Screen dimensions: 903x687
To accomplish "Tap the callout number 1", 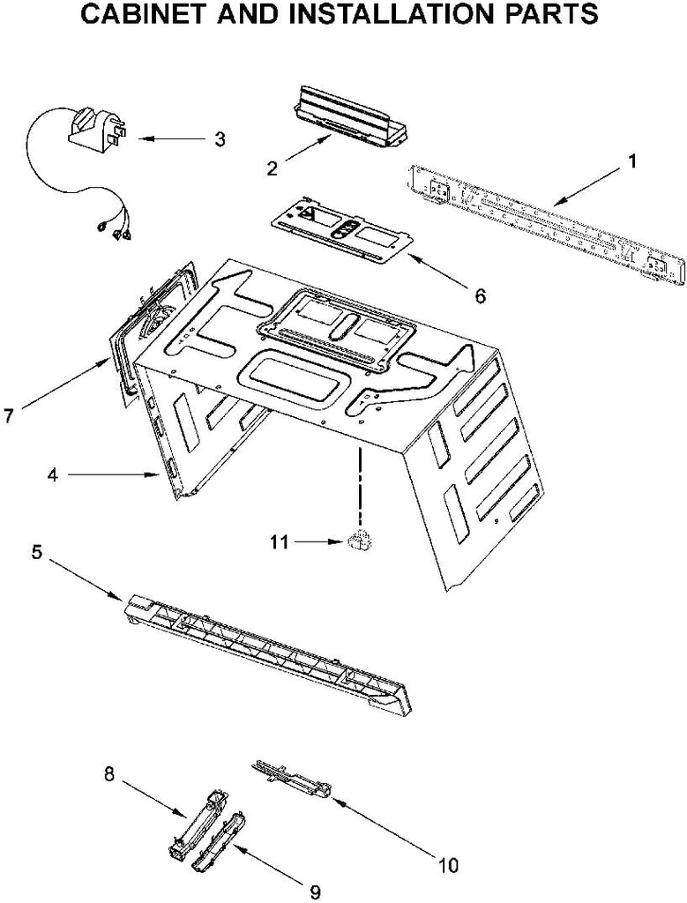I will tap(632, 161).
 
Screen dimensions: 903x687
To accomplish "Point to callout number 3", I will tap(219, 138).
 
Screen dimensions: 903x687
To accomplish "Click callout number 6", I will tap(480, 296).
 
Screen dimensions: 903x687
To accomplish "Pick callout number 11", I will tap(279, 542).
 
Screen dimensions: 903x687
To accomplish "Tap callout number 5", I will tap(36, 552).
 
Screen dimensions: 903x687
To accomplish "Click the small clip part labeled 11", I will tap(358, 542).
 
